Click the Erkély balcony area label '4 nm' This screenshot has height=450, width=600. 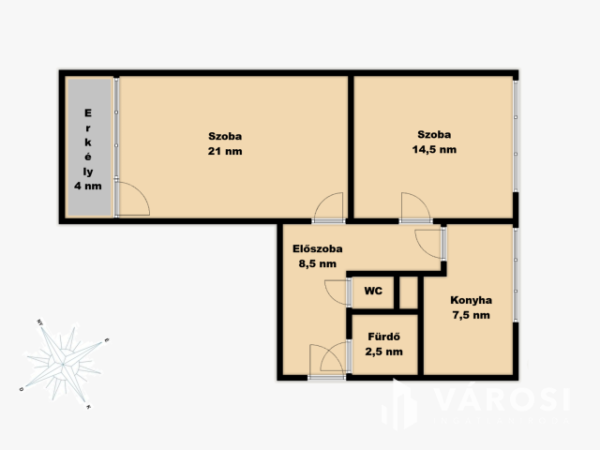click(88, 186)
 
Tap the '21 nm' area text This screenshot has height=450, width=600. click(225, 151)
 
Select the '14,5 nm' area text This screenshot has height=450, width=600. click(434, 150)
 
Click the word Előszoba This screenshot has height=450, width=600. click(318, 248)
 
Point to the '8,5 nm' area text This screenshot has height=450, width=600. click(318, 263)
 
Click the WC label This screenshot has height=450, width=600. click(373, 291)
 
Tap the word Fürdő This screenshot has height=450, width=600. click(384, 337)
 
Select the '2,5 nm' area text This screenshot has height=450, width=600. click(384, 352)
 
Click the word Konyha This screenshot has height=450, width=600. click(471, 300)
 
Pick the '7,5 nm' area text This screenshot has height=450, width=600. click(471, 315)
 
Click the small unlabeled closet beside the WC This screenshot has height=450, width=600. click(409, 292)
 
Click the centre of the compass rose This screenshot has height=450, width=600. click(63, 364)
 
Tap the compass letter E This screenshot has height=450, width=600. click(107, 339)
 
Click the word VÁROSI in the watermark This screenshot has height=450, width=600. click(502, 399)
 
